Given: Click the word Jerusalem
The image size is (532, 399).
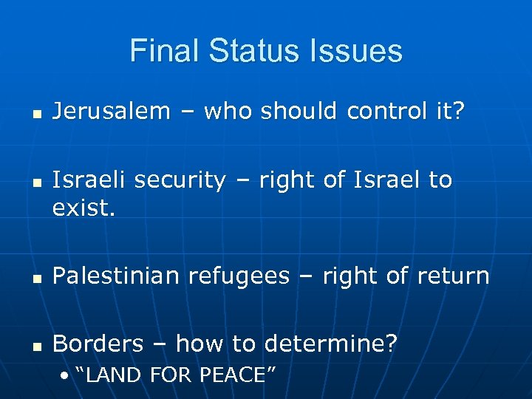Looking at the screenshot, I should click(x=112, y=111).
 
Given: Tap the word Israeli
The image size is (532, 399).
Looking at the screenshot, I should click(x=87, y=180).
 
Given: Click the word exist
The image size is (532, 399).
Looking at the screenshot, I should click(x=83, y=208).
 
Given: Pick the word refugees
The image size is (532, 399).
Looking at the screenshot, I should click(x=239, y=277).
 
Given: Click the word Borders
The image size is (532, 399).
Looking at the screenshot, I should click(x=98, y=343).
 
